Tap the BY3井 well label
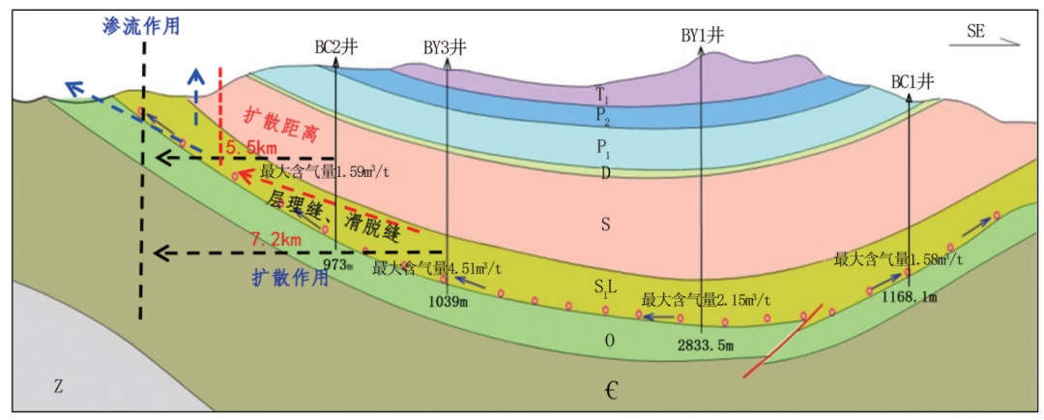pos(446,47)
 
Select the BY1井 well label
pos(702,36)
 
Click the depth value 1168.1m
pos(909,297)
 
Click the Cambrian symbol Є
pos(611,391)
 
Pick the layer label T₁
pos(603,95)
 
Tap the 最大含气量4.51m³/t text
pos(436,266)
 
